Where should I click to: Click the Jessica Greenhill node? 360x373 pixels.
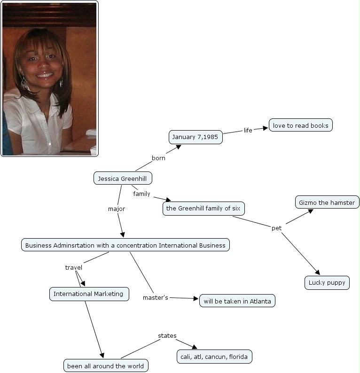click(123, 179)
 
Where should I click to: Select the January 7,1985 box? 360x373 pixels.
click(196, 137)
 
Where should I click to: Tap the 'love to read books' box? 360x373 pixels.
click(301, 125)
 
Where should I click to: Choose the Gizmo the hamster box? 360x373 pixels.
click(327, 202)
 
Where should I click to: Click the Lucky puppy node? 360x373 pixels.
click(327, 282)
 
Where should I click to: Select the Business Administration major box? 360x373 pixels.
click(125, 245)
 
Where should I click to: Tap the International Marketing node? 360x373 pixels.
click(89, 294)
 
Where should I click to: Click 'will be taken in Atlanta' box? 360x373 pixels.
click(237, 301)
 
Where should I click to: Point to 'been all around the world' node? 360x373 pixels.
click(106, 365)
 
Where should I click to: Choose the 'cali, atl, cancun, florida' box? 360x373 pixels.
click(214, 357)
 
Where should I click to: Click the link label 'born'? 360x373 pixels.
click(158, 158)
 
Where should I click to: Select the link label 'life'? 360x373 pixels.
click(248, 130)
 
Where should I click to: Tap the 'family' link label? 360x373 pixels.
click(141, 194)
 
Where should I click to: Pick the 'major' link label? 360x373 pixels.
click(117, 209)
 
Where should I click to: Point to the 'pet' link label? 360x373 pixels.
click(276, 228)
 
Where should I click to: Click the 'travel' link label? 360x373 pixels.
click(73, 267)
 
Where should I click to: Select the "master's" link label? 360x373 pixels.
click(156, 297)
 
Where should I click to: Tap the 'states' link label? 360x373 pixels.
click(167, 335)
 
